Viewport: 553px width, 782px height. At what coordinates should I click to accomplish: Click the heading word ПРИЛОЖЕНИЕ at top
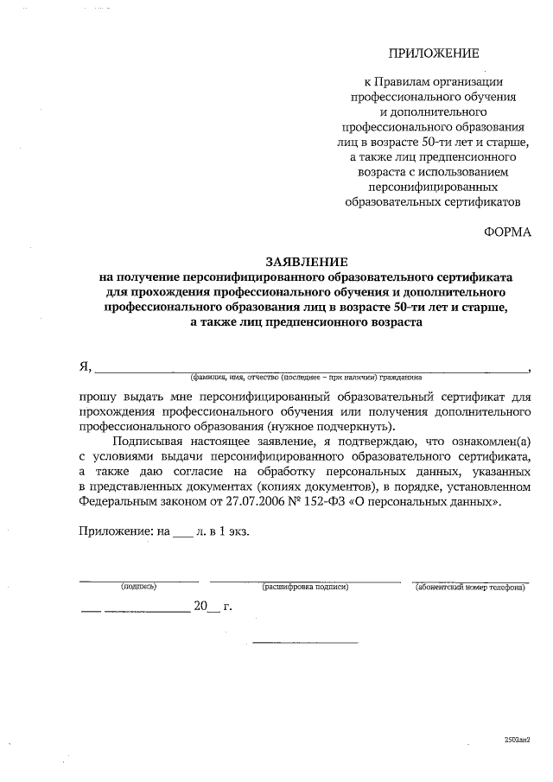coord(434,54)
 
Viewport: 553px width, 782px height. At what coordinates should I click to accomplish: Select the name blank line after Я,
coord(311,368)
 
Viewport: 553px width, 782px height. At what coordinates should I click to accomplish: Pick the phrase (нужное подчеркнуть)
coord(334,427)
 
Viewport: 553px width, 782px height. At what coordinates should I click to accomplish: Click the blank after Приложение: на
coord(183,532)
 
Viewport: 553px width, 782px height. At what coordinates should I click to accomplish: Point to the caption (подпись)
coord(139,587)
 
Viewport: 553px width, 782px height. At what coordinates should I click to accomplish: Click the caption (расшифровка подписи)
coord(305,587)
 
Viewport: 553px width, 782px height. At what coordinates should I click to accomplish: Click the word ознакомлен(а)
coord(487,442)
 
